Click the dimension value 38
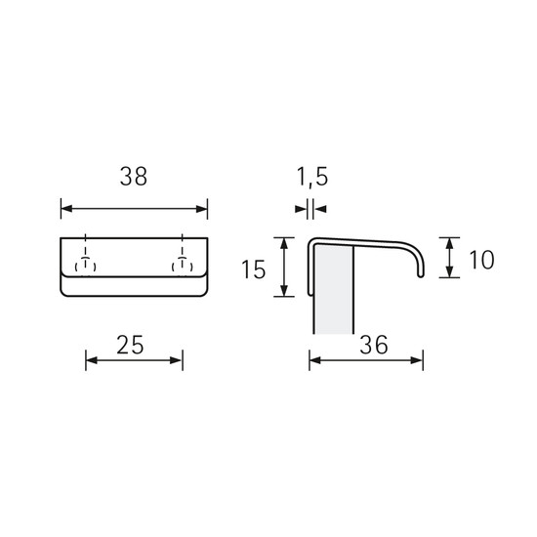tap(134, 177)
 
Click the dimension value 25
tap(130, 345)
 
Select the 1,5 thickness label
tap(312, 177)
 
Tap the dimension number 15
tap(254, 269)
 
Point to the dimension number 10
tap(481, 260)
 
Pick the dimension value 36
tap(374, 345)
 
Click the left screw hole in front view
tap(85, 266)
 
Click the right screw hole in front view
tap(183, 266)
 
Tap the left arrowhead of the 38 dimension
tap(66, 209)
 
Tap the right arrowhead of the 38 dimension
tap(202, 209)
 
